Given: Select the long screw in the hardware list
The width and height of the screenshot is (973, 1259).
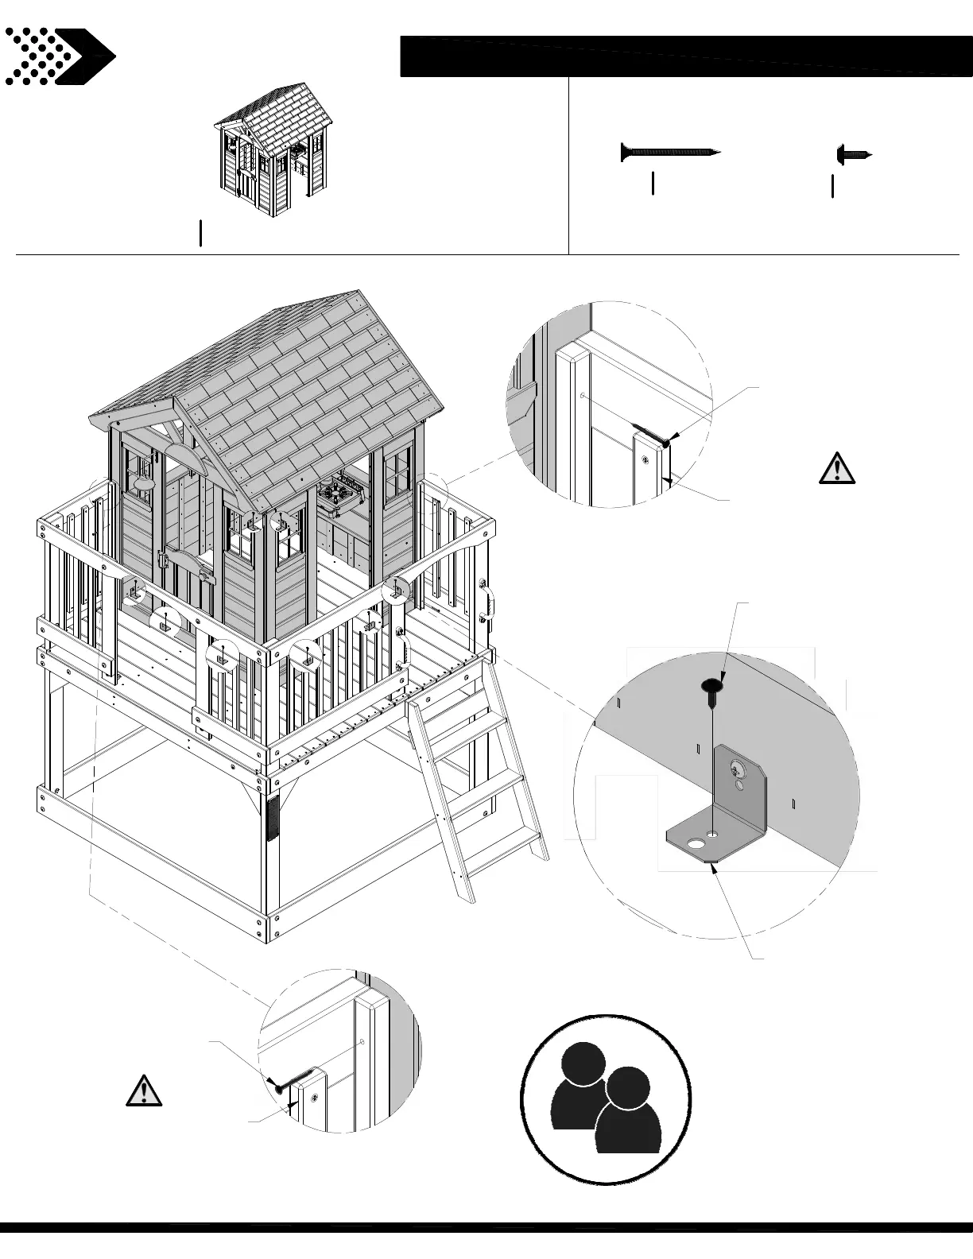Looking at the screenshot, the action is point(670,151).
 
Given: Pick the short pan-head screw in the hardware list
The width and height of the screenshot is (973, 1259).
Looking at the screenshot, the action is point(854,153).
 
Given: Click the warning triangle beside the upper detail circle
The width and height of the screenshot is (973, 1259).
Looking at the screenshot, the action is point(836,468).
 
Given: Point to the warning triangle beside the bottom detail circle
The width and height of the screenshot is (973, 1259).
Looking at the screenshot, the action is point(144,1090).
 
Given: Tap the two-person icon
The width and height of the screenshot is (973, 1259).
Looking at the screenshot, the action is point(606,1098).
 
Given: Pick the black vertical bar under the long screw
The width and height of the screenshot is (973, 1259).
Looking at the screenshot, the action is point(653,183).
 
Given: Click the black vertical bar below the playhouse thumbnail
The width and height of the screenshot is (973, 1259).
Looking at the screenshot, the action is point(201,234).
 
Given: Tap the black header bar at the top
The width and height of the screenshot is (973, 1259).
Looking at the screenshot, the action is point(685,56).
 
